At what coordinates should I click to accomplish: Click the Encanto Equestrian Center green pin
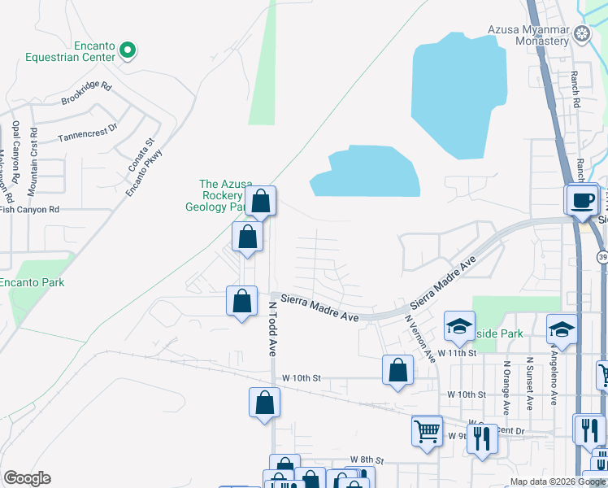[x=127, y=50]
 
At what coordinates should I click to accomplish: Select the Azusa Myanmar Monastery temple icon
[x=582, y=35]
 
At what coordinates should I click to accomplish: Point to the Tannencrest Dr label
[x=87, y=132]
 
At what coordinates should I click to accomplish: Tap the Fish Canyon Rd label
[x=30, y=209]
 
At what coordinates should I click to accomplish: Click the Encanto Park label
[x=32, y=282]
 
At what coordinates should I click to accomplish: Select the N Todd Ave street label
[x=272, y=329]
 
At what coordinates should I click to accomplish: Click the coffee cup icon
[x=582, y=200]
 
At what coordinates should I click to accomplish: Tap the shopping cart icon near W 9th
[x=427, y=430]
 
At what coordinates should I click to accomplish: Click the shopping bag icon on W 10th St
[x=397, y=370]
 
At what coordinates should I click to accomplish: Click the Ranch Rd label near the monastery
[x=575, y=89]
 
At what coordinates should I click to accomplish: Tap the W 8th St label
[x=366, y=460]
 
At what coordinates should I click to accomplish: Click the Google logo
[x=28, y=478]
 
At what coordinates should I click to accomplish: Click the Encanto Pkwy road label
[x=145, y=172]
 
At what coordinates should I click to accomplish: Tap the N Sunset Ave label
[x=529, y=381]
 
